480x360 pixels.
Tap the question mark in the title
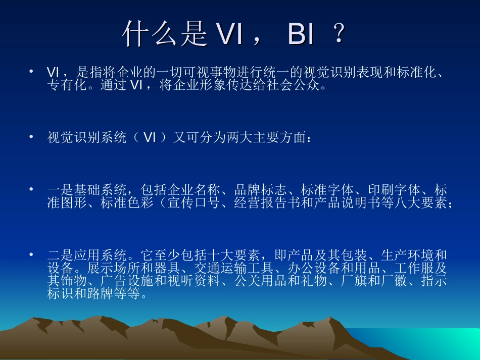[x=340, y=35]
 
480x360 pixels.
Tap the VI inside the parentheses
[x=149, y=138]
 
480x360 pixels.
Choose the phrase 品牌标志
[x=258, y=191]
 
